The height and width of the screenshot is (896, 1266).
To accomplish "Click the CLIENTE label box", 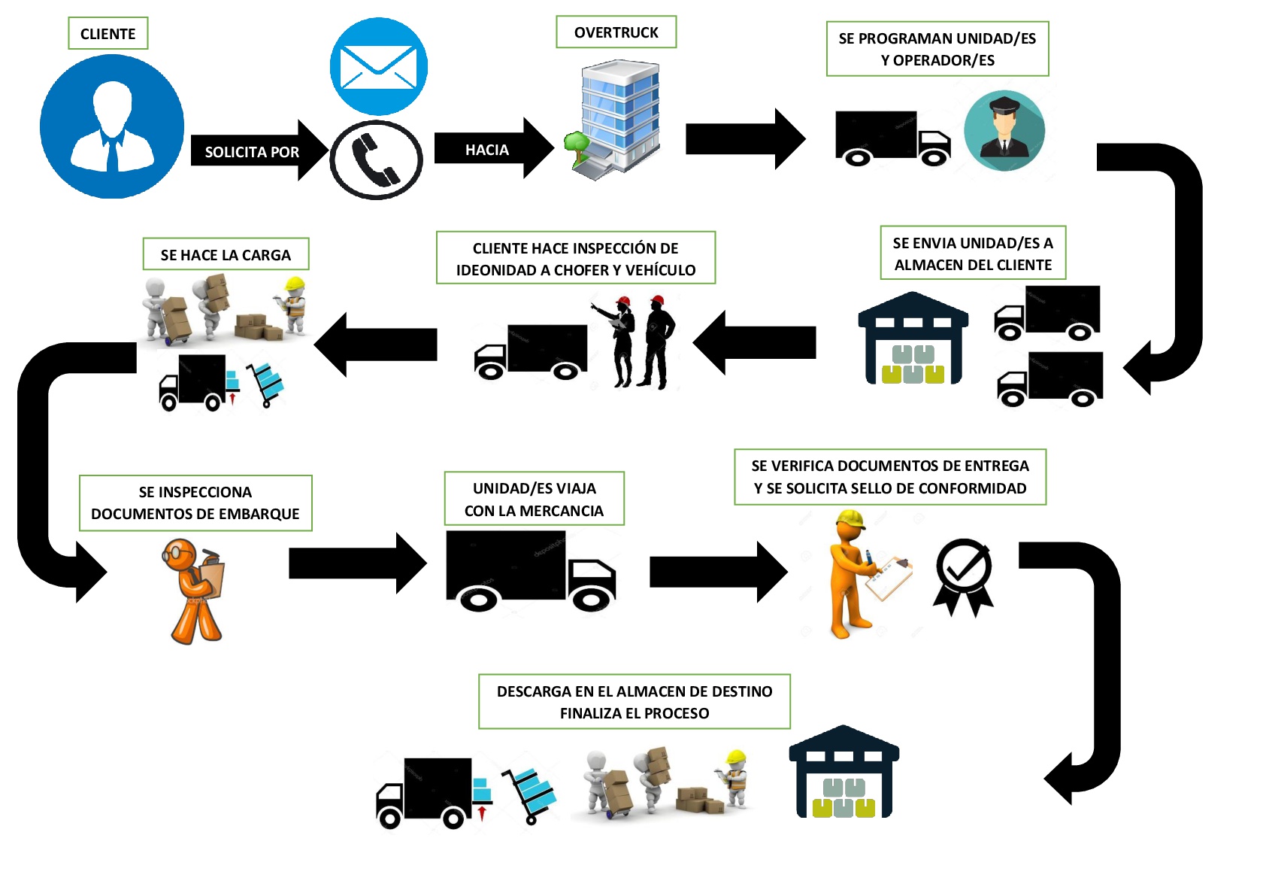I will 108,34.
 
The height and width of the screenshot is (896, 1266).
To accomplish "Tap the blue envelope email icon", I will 379,67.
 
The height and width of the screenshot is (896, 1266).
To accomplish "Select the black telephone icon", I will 377,159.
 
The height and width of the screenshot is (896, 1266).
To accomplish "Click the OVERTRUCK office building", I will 616,120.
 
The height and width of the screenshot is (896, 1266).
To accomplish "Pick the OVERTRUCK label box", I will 616,32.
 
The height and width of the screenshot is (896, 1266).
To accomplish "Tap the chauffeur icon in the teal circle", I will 1004,131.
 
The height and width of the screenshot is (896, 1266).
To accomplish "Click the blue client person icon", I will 112,126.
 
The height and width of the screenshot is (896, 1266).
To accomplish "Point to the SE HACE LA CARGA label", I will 226,255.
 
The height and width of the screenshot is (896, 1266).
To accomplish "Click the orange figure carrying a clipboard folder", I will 195,591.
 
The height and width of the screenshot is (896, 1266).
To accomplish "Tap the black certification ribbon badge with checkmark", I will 963,576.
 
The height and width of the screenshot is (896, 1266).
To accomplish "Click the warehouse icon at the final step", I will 843,773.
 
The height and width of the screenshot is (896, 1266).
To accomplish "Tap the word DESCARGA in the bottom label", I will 534,691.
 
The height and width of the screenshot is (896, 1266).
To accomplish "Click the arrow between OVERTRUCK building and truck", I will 744,139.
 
